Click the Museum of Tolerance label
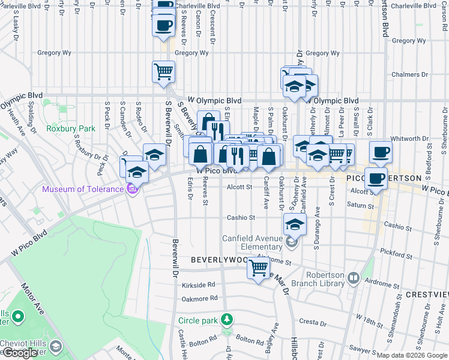(81, 190)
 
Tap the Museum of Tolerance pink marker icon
(133, 190)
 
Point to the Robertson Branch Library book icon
(354, 278)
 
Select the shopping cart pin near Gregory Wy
(164, 72)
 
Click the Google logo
(19, 353)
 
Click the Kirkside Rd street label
(199, 285)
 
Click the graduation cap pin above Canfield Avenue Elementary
(295, 224)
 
